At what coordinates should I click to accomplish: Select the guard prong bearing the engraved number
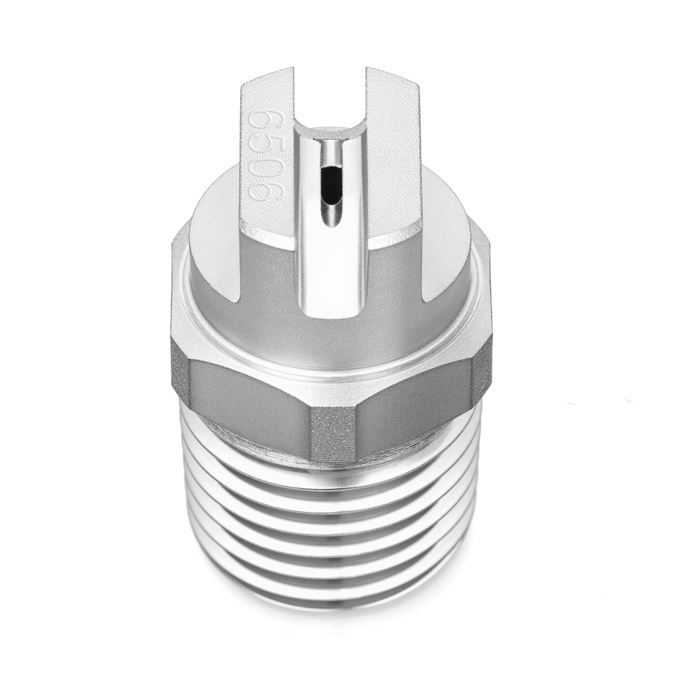point(266,163)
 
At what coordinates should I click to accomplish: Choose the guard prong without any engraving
point(398,163)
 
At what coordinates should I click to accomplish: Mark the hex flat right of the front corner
point(419,398)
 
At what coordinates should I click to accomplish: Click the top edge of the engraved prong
point(266,78)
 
